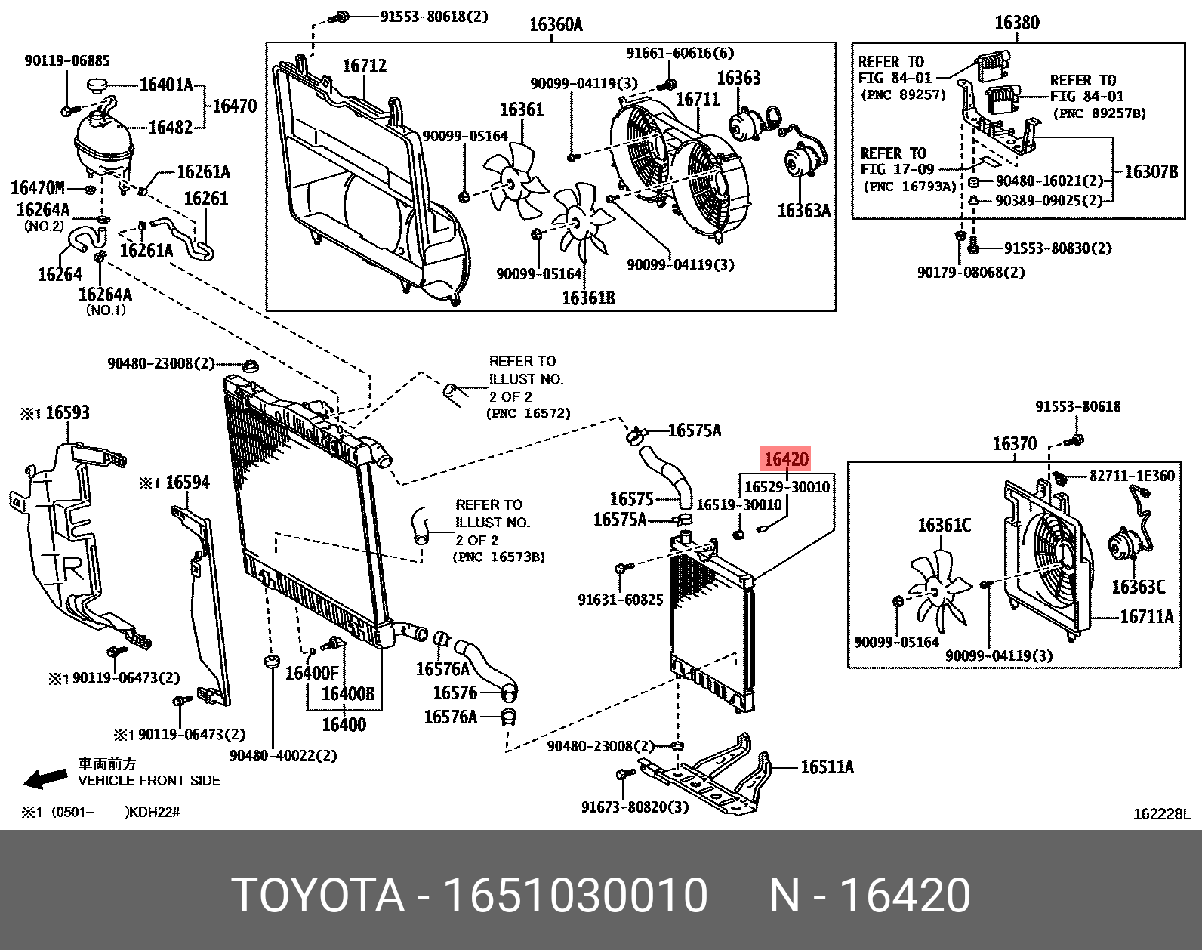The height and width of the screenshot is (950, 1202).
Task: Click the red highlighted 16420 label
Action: click(x=786, y=459)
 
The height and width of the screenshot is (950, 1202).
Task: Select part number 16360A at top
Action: click(x=556, y=25)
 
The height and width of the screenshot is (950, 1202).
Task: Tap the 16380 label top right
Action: click(x=1016, y=23)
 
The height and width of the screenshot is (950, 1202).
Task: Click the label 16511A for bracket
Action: click(x=827, y=767)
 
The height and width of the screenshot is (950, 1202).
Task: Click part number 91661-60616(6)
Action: click(x=680, y=53)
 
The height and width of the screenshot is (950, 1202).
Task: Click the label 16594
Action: click(x=187, y=482)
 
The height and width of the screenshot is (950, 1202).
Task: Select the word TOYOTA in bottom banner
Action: click(x=318, y=896)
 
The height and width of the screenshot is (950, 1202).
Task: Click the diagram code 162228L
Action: click(x=1160, y=814)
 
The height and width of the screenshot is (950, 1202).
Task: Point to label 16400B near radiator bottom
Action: click(x=348, y=693)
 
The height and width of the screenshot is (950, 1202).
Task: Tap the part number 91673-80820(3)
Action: click(x=635, y=807)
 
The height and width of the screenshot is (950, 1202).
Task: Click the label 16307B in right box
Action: click(x=1151, y=172)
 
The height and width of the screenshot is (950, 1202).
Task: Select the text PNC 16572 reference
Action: click(x=529, y=414)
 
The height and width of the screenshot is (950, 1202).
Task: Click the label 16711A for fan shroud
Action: click(x=1146, y=617)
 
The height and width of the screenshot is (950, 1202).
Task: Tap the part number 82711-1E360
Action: click(x=1131, y=476)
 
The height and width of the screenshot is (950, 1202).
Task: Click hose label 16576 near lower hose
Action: click(x=455, y=692)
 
